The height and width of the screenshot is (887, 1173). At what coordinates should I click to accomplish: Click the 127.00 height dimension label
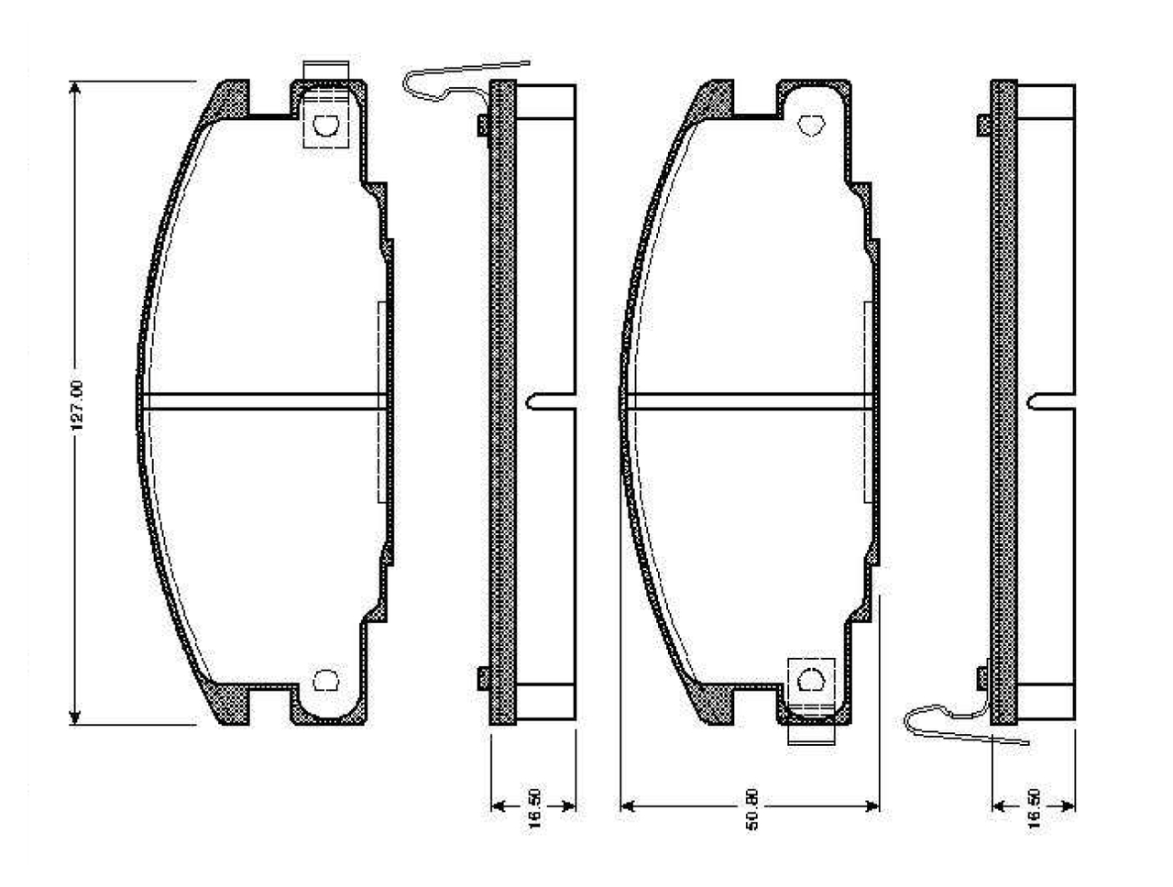(77, 405)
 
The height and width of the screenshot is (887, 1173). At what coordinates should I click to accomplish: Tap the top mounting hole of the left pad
(325, 126)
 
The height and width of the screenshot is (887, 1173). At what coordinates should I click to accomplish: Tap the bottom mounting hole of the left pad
(325, 681)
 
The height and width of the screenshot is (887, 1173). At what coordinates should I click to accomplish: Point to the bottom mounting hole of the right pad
(811, 681)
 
